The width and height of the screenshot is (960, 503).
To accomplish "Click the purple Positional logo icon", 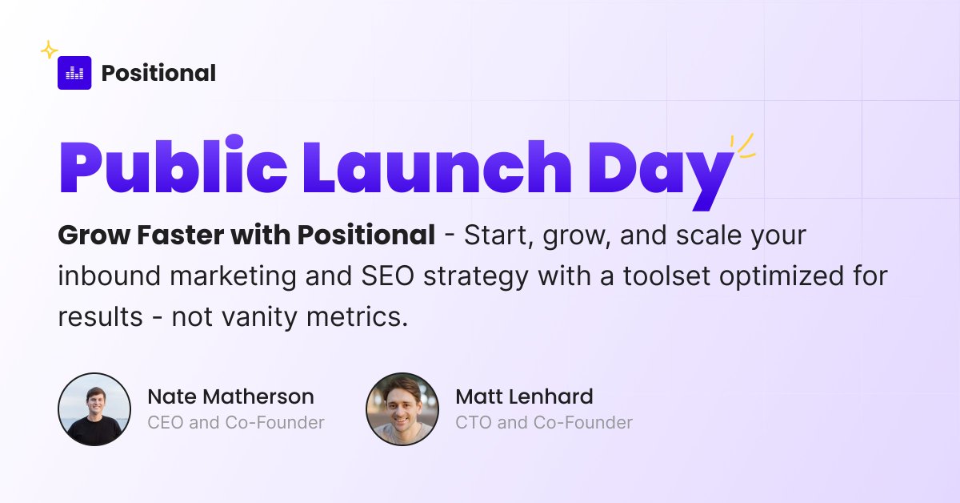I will point(74,73).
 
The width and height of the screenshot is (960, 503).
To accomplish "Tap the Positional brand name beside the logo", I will point(158,74).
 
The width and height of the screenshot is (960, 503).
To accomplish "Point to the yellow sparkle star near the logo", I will point(49,50).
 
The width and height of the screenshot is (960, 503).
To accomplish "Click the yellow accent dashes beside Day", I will point(744,145).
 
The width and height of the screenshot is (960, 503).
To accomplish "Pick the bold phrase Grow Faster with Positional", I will point(246,236).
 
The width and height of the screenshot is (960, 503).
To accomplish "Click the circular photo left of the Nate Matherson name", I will point(94,409).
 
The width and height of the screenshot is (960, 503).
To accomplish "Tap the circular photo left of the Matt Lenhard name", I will point(402,409).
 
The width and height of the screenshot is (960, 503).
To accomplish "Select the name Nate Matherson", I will point(230,396).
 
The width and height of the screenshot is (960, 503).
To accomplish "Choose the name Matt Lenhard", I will point(524,396).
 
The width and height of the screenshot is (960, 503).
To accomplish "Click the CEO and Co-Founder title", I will point(236,422).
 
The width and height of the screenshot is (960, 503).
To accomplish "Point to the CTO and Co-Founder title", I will point(544,422).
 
